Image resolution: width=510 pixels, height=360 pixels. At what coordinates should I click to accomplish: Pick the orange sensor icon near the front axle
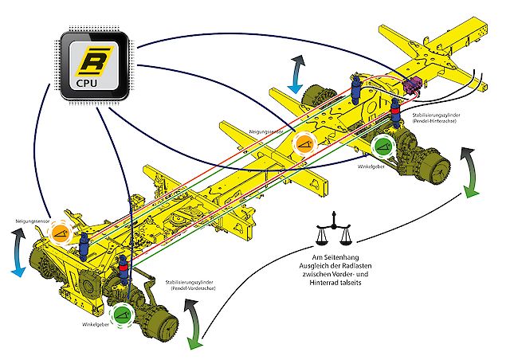[x=61, y=233]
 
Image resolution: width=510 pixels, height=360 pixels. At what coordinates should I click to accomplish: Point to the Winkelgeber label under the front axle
[x=96, y=325]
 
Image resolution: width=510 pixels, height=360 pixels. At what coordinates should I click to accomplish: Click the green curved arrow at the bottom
[x=192, y=327]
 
